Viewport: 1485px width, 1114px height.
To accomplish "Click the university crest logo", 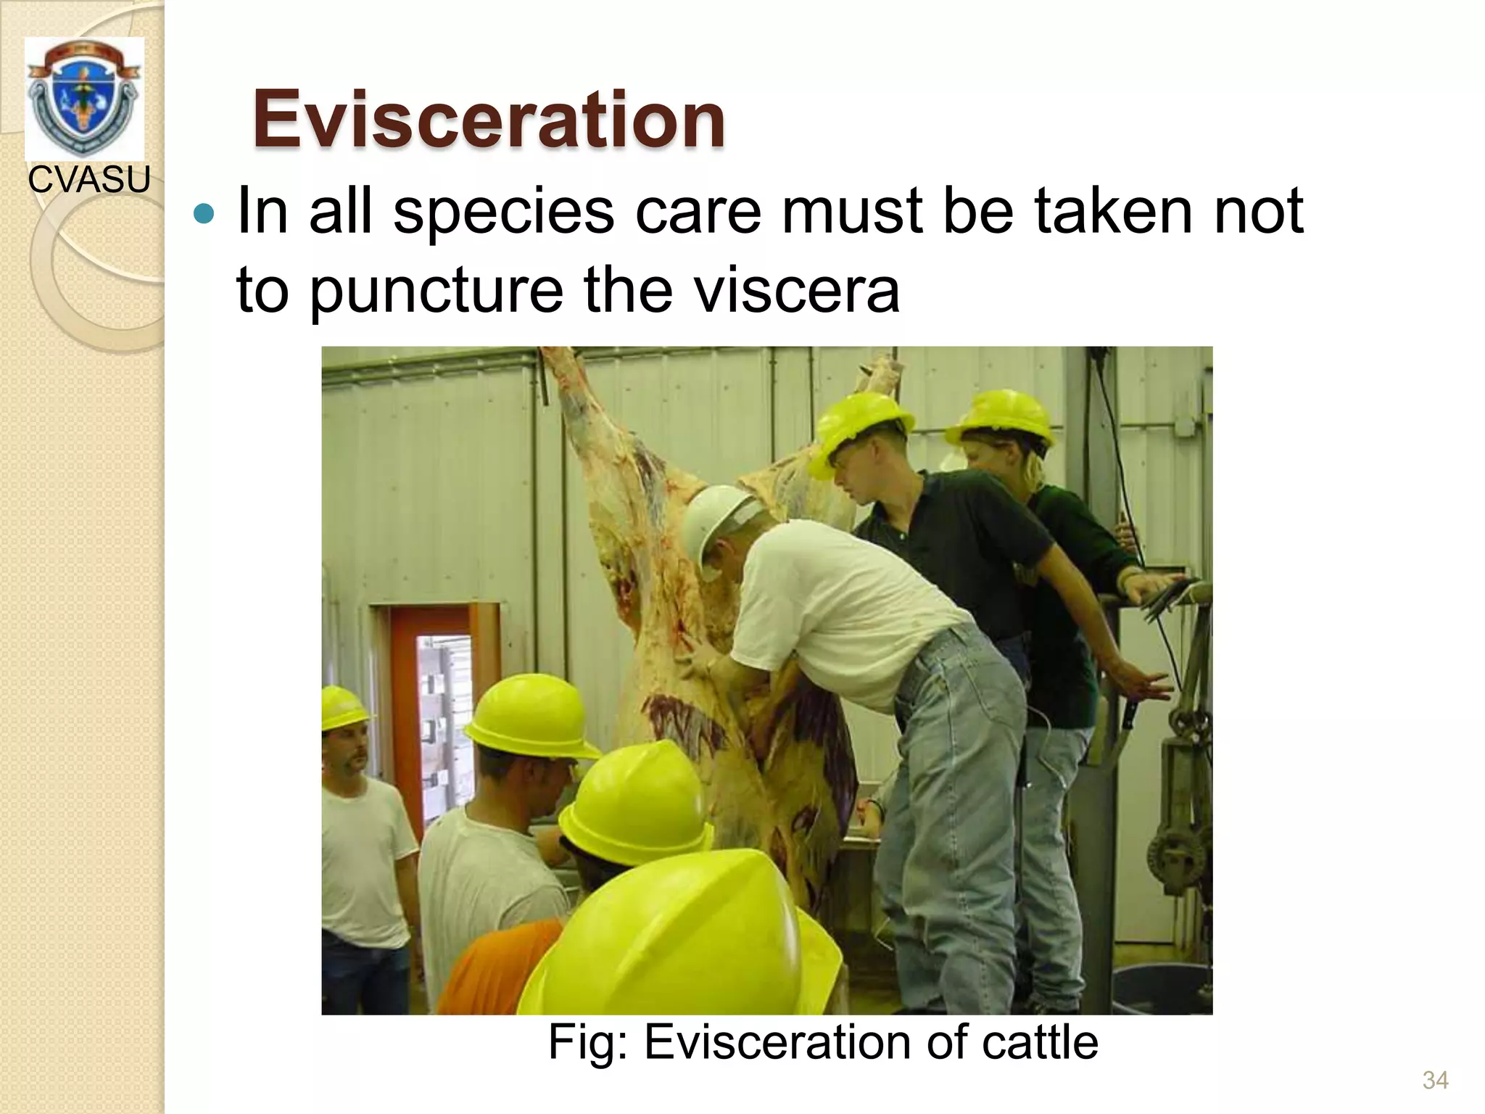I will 83,98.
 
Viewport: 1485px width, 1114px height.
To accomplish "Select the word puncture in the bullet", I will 437,290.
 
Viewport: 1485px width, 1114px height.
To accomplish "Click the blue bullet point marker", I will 205,215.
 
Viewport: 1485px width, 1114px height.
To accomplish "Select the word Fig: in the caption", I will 590,1042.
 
